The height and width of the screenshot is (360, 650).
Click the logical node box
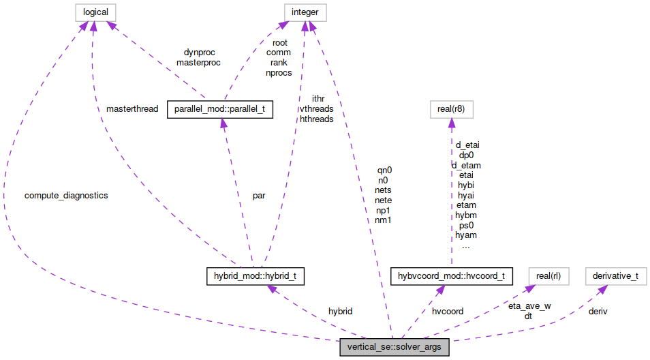(95, 12)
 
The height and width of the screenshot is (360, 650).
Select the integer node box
(305, 12)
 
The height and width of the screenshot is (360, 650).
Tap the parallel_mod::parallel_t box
(220, 109)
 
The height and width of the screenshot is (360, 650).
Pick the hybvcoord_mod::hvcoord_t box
(450, 276)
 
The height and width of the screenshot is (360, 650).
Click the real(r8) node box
(450, 109)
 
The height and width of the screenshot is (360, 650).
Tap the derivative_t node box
(615, 276)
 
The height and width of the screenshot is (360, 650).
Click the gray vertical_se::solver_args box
(394, 348)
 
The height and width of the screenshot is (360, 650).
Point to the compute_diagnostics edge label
(66, 196)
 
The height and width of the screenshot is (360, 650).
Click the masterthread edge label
(132, 109)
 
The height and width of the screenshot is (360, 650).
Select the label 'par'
(259, 196)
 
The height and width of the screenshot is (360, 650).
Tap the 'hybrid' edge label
(340, 311)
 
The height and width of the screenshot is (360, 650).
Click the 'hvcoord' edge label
(447, 311)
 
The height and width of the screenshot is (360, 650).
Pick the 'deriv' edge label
(598, 311)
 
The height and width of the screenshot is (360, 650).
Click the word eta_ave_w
(529, 306)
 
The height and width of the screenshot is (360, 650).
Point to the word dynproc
(198, 52)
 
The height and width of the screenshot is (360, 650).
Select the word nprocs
(279, 73)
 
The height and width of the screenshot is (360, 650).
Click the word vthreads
(316, 109)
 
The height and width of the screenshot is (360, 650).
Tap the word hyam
(466, 235)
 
